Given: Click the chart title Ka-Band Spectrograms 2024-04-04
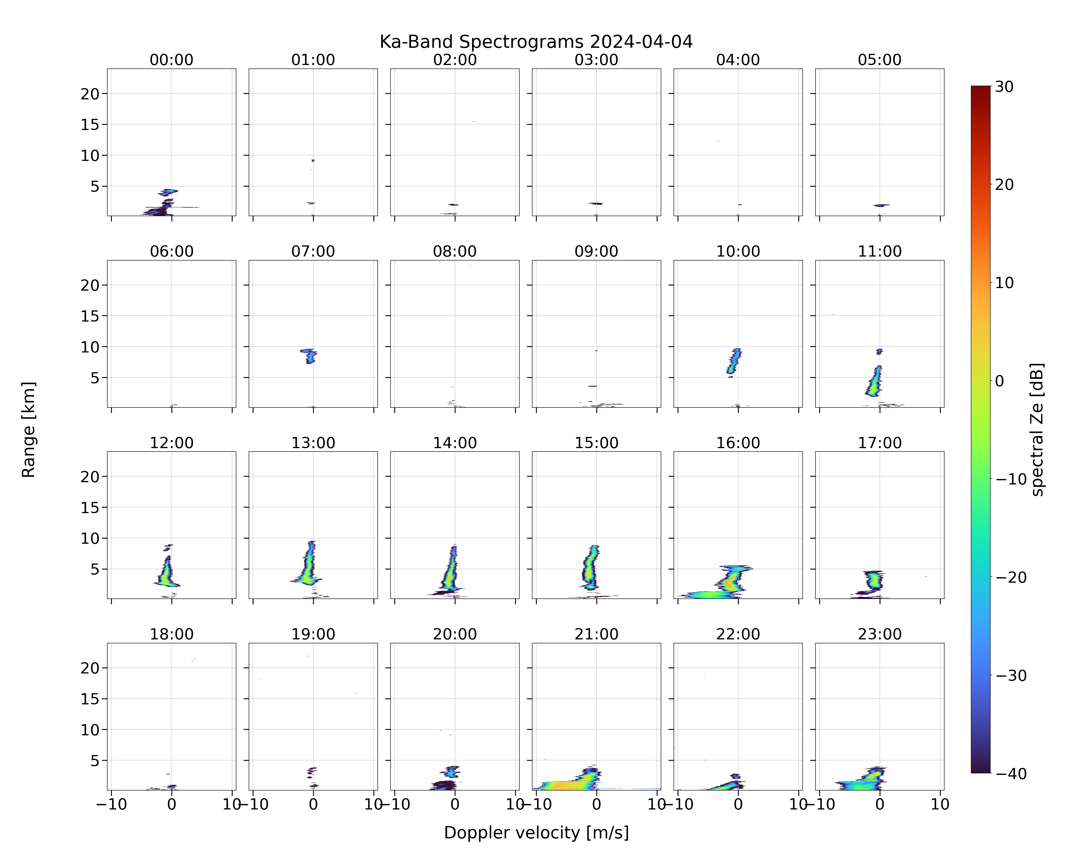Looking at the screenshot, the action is (536, 42).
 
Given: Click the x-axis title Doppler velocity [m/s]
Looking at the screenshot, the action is (536, 833).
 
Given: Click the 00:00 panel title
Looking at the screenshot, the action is (172, 60).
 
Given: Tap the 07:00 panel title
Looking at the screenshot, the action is (313, 251).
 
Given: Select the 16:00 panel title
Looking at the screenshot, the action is (738, 443).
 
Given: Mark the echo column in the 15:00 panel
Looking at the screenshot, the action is (591, 567).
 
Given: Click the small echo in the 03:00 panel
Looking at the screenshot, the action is (595, 203).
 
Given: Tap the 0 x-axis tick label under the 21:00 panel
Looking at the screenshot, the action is (596, 804).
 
